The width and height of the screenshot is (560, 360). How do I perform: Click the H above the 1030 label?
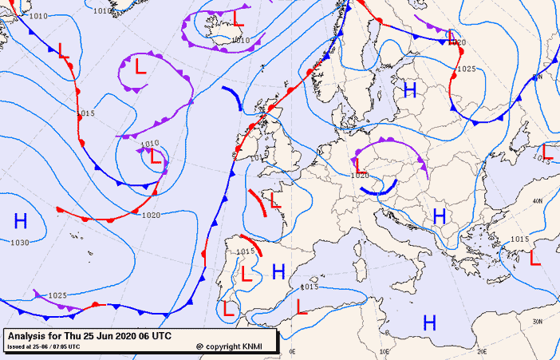pyautogui.click(x=21, y=221)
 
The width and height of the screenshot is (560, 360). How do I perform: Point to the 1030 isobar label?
pyautogui.click(x=19, y=243)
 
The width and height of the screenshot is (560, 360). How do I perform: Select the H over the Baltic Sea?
pyautogui.click(x=410, y=89)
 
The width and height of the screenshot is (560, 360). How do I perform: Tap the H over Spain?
pyautogui.click(x=278, y=271)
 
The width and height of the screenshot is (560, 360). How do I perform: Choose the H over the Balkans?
pyautogui.click(x=439, y=216)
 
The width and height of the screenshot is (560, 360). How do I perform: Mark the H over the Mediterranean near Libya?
pyautogui.click(x=429, y=323)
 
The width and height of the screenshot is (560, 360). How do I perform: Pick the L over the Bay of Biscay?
pyautogui.click(x=275, y=200)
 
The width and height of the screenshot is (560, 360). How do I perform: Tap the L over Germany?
pyautogui.click(x=360, y=164)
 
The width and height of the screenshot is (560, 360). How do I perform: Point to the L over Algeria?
pyautogui.click(x=301, y=306)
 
